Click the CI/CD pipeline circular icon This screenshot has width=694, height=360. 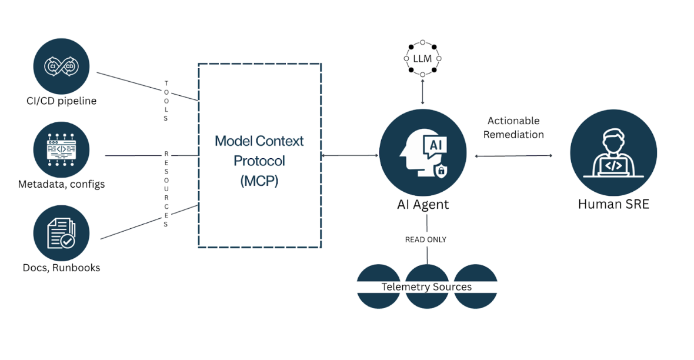pos(61,66)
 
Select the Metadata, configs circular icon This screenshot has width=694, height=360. pos(61,149)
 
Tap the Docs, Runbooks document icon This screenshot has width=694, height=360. pos(61,233)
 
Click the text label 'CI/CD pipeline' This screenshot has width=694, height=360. pos(61,101)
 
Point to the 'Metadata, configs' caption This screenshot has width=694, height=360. pos(61,184)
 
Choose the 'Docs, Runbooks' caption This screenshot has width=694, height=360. pos(61,268)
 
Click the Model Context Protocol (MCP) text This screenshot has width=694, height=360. pos(259,161)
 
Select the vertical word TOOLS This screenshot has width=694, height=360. pos(166,101)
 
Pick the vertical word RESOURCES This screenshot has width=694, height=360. pos(166,188)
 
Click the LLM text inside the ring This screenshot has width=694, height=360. pos(422,58)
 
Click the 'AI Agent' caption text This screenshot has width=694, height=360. pos(422,205)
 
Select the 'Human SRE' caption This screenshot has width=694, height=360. pos(613,205)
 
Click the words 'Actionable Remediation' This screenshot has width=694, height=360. pos(513,127)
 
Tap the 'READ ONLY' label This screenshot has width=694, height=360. pos(425,239)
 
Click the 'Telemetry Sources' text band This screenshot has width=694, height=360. pos(426,287)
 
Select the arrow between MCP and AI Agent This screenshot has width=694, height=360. pos(350,155)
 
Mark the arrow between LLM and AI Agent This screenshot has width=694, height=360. pos(422,91)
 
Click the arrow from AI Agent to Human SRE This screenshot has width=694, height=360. pos(513,156)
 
